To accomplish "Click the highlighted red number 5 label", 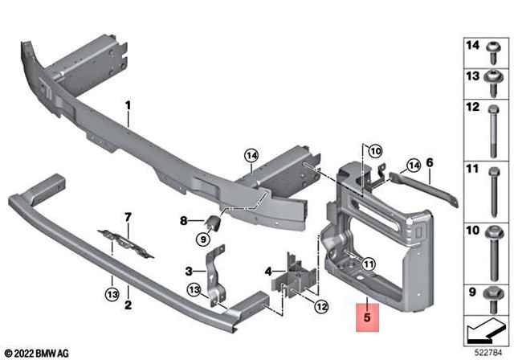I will (x=366, y=317).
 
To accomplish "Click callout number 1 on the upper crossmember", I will (x=128, y=105).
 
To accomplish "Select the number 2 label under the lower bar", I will (x=127, y=305).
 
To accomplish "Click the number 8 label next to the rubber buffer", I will (x=183, y=220).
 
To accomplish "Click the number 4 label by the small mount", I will (x=268, y=272).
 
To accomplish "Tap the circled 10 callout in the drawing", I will (x=377, y=149).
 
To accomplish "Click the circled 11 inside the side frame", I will (x=368, y=264).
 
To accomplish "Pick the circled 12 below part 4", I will (x=320, y=305).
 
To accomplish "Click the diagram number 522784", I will (x=490, y=352).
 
